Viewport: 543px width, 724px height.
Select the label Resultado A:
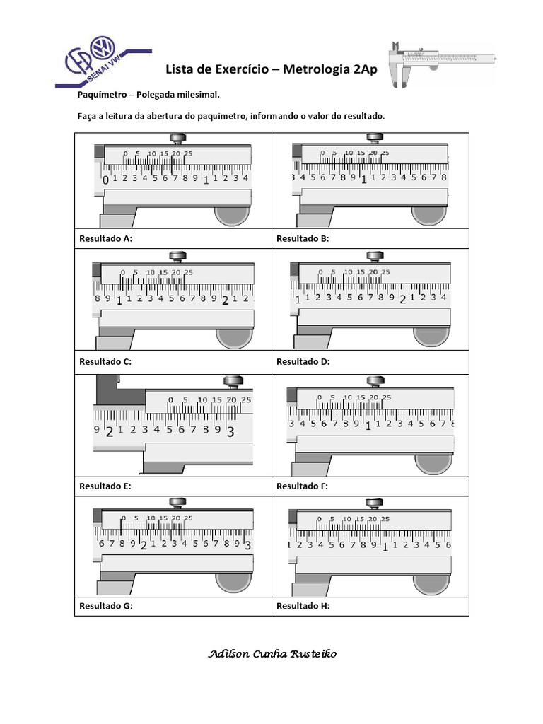[105, 239]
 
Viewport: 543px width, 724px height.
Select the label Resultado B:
[303, 239]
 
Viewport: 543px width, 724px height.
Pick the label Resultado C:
[105, 361]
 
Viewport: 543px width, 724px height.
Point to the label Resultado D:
[303, 361]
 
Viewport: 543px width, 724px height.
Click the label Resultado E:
[105, 486]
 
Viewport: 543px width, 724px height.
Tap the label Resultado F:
[302, 486]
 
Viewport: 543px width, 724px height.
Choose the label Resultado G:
[105, 606]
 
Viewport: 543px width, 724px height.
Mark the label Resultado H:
[303, 606]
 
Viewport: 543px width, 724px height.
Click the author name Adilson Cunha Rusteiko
[272, 654]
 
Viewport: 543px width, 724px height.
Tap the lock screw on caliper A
[175, 139]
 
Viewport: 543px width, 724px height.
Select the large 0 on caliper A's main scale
[106, 180]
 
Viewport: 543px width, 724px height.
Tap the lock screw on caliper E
[232, 383]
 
